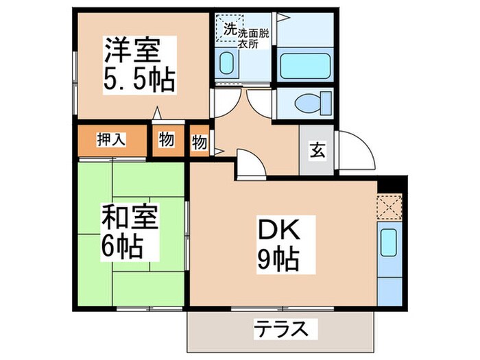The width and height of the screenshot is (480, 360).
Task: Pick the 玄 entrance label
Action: pos(317,150)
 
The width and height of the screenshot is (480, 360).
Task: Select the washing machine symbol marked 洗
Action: pos(229,29)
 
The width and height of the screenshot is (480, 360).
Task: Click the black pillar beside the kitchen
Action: pos(392,184)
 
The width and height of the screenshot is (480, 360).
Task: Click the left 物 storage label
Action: pos(167,140)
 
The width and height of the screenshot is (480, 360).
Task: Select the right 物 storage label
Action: pos(200,143)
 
